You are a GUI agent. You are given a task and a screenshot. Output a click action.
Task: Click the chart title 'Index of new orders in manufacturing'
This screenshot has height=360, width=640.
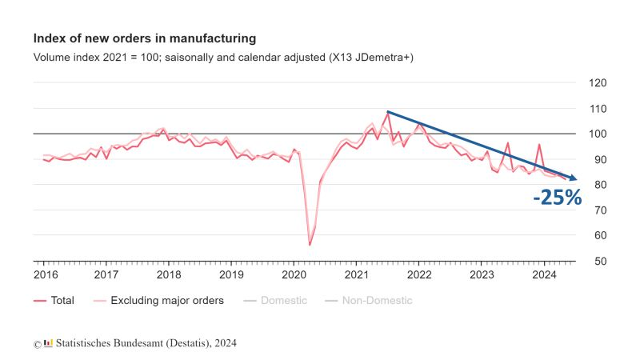pyautogui.click(x=145, y=38)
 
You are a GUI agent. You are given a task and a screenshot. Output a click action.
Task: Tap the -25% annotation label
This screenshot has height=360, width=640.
pyautogui.click(x=558, y=198)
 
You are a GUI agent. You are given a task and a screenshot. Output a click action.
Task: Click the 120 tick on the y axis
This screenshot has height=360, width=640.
pyautogui.click(x=597, y=83)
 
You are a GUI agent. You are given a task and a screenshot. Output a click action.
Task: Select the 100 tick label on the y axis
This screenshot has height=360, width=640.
pyautogui.click(x=597, y=134)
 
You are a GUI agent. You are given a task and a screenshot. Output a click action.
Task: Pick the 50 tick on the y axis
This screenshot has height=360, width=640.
pyautogui.click(x=596, y=262)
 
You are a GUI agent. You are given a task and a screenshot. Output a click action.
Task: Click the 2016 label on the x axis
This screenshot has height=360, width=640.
pyautogui.click(x=45, y=274)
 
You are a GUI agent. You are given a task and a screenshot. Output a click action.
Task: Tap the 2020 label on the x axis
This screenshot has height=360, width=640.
pyautogui.click(x=294, y=274)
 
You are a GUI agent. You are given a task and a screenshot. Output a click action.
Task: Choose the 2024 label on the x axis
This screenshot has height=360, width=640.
pyautogui.click(x=544, y=274)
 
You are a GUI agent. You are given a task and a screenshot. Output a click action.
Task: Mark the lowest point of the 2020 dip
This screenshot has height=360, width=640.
pyautogui.click(x=309, y=245)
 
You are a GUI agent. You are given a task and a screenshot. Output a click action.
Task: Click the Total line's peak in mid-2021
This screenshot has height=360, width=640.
pyautogui.click(x=388, y=113)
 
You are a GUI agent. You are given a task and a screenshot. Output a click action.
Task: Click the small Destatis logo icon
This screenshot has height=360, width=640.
pyautogui.click(x=48, y=343)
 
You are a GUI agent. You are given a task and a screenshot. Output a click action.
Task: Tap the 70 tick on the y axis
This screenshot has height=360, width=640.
pyautogui.click(x=596, y=210)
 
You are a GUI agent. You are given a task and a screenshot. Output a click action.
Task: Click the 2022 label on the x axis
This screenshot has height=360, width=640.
pyautogui.click(x=419, y=274)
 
